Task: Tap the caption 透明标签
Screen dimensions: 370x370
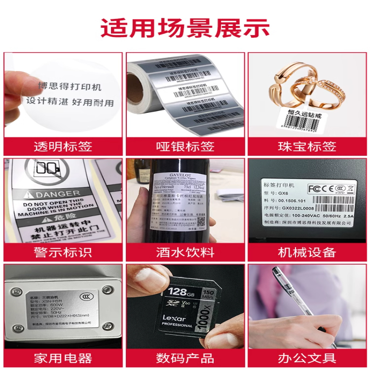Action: [63, 147]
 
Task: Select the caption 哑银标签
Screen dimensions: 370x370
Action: [185, 147]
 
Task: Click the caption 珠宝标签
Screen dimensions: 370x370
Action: [307, 147]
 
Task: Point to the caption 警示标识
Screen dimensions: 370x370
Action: [63, 253]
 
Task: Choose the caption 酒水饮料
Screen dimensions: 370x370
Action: [185, 253]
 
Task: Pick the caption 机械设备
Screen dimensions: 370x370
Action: [307, 253]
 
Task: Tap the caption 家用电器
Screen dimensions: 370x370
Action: [63, 358]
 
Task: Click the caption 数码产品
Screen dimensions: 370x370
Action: [185, 358]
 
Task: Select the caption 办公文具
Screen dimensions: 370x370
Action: [307, 358]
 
